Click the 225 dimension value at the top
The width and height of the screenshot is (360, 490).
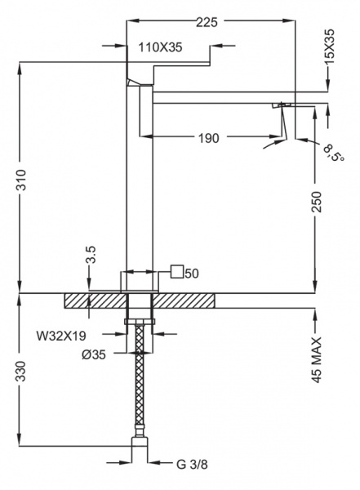[x=207, y=22]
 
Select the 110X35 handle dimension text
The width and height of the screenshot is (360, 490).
[x=160, y=47]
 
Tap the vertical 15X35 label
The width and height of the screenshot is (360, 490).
[x=329, y=47]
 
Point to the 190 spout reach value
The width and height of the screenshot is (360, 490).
[x=209, y=138]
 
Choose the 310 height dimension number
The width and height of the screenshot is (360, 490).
[x=21, y=180]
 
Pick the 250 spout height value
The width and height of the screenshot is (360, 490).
[x=317, y=202]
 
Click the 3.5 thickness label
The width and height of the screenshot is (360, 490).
[x=91, y=256]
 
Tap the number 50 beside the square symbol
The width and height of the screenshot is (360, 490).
[x=192, y=273]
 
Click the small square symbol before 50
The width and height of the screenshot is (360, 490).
[x=177, y=271]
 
